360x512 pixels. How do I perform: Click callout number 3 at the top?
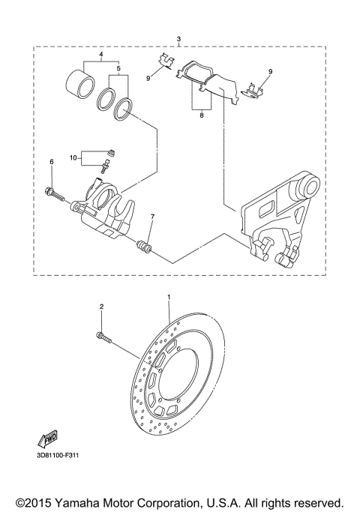pyautogui.click(x=178, y=38)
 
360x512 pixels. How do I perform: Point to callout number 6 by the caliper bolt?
pyautogui.click(x=52, y=162)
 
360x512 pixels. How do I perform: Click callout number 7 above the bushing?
pyautogui.click(x=151, y=217)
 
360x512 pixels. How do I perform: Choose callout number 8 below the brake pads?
pyautogui.click(x=201, y=116)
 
